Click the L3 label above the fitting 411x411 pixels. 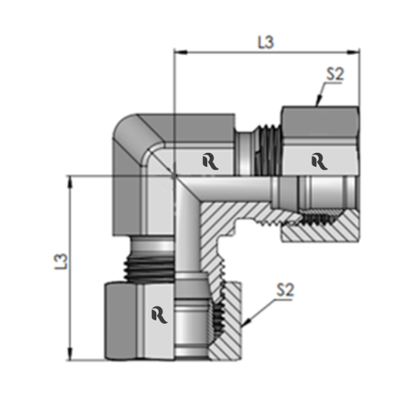(265, 41)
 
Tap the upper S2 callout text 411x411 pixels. (334, 73)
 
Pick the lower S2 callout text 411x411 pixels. (284, 289)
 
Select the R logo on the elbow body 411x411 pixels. (209, 161)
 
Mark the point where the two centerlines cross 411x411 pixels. (174, 174)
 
